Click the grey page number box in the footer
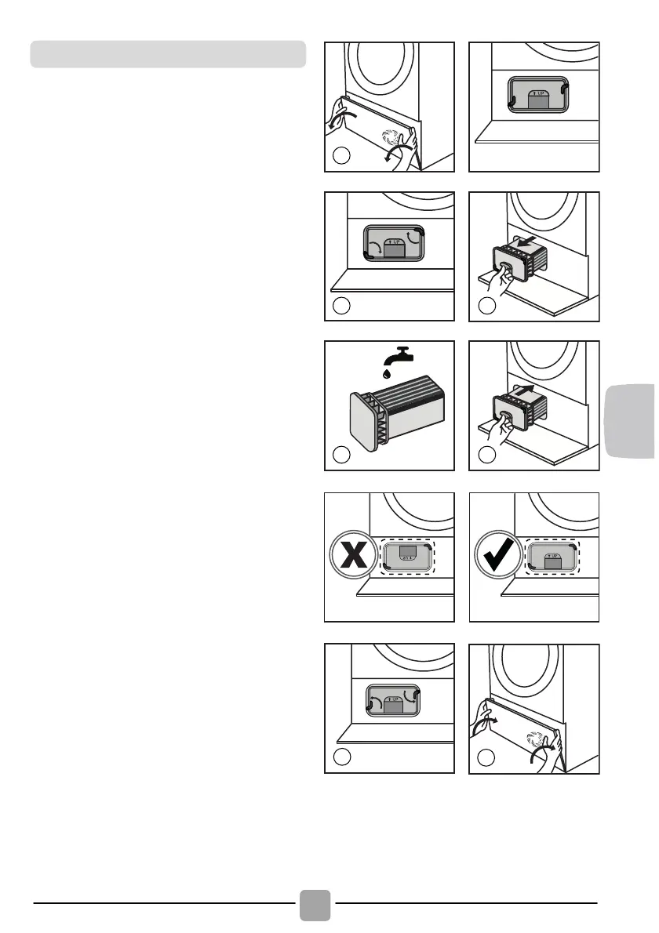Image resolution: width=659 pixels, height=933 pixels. click(315, 904)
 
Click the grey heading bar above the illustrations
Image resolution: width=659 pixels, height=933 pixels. click(167, 54)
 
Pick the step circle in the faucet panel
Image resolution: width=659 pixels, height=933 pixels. click(340, 454)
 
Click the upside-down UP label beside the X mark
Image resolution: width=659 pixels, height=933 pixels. click(406, 561)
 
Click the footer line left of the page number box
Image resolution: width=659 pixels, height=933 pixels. click(165, 904)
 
